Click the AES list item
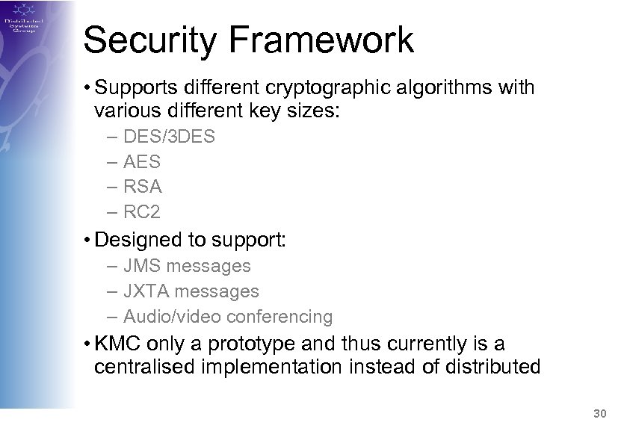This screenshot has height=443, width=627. click(143, 161)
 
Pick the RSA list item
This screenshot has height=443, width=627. click(143, 187)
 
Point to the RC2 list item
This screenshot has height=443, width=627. click(143, 212)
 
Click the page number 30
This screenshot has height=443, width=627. click(598, 413)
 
